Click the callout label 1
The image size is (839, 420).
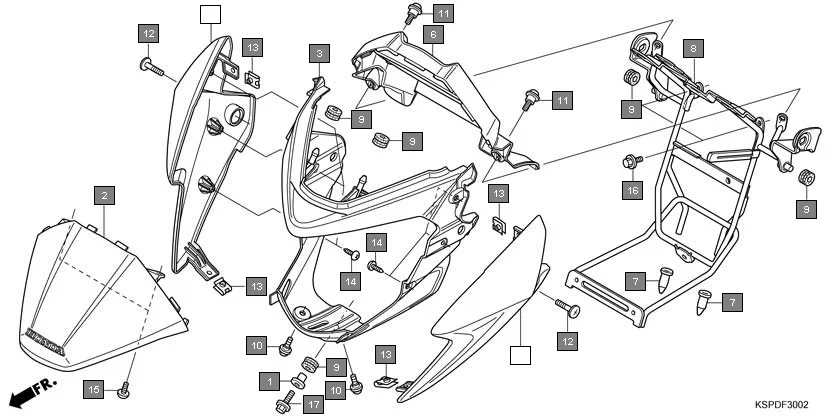pos(269,381)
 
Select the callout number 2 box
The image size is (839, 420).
pos(104,196)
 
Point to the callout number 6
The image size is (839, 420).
pos(432,35)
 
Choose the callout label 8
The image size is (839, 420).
pos(694,47)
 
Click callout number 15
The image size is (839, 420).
pos(95,388)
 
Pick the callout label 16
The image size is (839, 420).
pos(632,189)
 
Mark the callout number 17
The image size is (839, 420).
pos(313,405)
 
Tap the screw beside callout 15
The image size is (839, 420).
pos(124,391)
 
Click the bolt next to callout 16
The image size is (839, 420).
pos(631,160)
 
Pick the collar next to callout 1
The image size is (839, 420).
pos(297,381)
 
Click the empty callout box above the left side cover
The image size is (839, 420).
pos(208,14)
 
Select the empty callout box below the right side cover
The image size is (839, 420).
pos(518,354)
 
